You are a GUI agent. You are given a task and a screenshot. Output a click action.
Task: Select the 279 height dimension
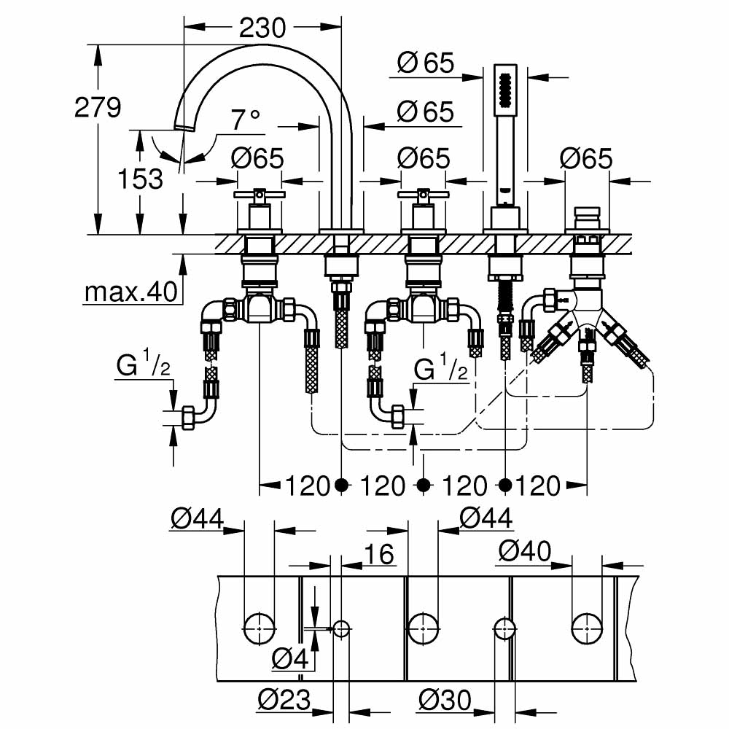(x=98, y=108)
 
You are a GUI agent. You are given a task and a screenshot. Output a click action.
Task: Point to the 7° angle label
(x=246, y=119)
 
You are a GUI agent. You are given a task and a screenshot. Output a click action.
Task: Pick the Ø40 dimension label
(x=524, y=552)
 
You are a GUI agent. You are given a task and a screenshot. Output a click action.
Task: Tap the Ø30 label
(x=444, y=701)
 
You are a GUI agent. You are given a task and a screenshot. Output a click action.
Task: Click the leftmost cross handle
(x=258, y=195)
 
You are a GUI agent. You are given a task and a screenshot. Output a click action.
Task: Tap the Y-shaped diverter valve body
(x=588, y=306)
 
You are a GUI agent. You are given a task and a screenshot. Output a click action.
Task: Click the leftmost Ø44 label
(x=197, y=518)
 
